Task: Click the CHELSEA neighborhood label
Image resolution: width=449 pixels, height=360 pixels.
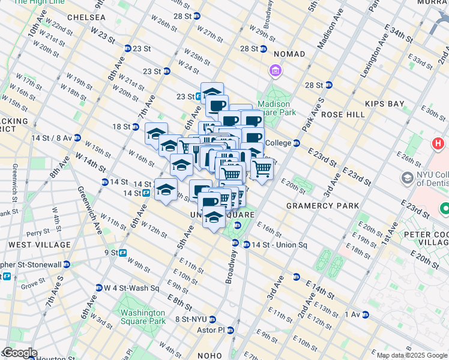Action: click(86, 18)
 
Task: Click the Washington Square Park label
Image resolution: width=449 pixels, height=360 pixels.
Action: click(142, 317)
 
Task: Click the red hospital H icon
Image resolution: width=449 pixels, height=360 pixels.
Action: click(438, 144)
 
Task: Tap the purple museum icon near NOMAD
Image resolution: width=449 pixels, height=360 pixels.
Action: click(276, 72)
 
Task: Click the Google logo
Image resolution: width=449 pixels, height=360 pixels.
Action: click(19, 353)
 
